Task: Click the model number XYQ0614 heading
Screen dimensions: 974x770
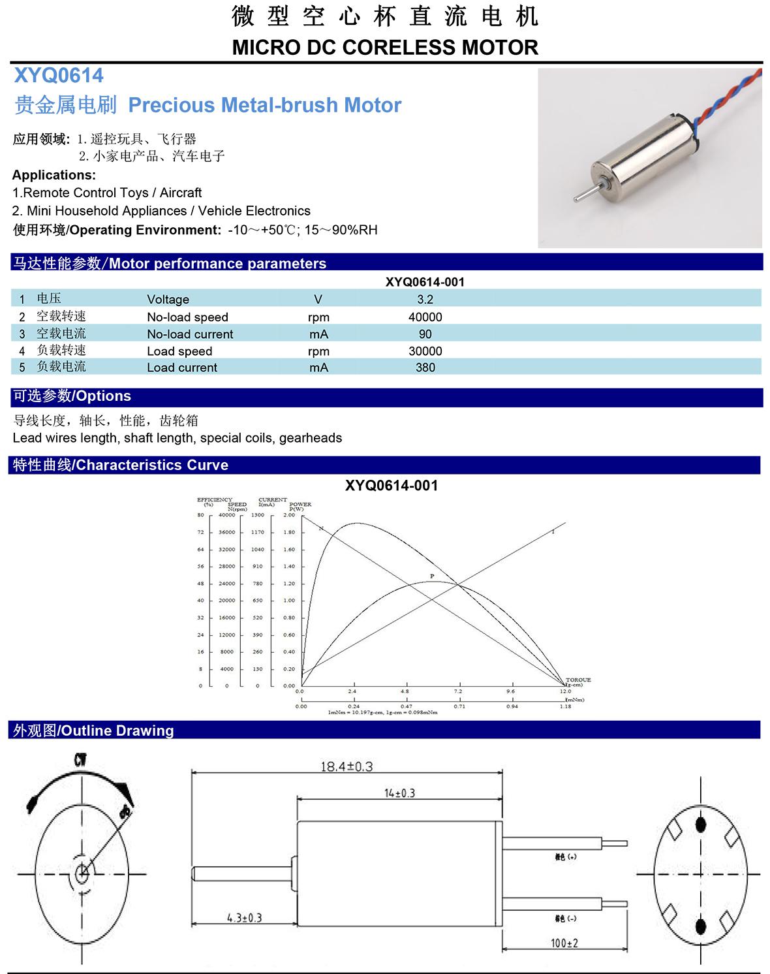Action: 59,76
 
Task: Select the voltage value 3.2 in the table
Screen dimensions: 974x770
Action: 425,300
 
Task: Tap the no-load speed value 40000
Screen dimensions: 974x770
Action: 425,317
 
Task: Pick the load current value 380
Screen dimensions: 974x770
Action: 425,368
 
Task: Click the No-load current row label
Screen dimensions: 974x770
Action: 189,334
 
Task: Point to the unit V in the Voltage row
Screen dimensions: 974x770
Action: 318,300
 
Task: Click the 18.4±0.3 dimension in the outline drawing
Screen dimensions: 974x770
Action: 346,766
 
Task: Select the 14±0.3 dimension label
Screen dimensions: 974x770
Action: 399,793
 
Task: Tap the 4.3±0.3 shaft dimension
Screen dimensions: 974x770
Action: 244,917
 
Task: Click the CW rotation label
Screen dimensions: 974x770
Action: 80,761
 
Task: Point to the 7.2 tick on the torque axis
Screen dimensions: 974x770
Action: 458,691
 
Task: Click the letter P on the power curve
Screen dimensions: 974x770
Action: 431,576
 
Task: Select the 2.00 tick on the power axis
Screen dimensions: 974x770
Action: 289,515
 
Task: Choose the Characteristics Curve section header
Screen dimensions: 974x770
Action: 120,465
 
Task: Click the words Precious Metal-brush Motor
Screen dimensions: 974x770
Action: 264,105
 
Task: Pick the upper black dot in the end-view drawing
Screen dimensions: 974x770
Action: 701,825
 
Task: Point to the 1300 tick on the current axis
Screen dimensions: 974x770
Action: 258,515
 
